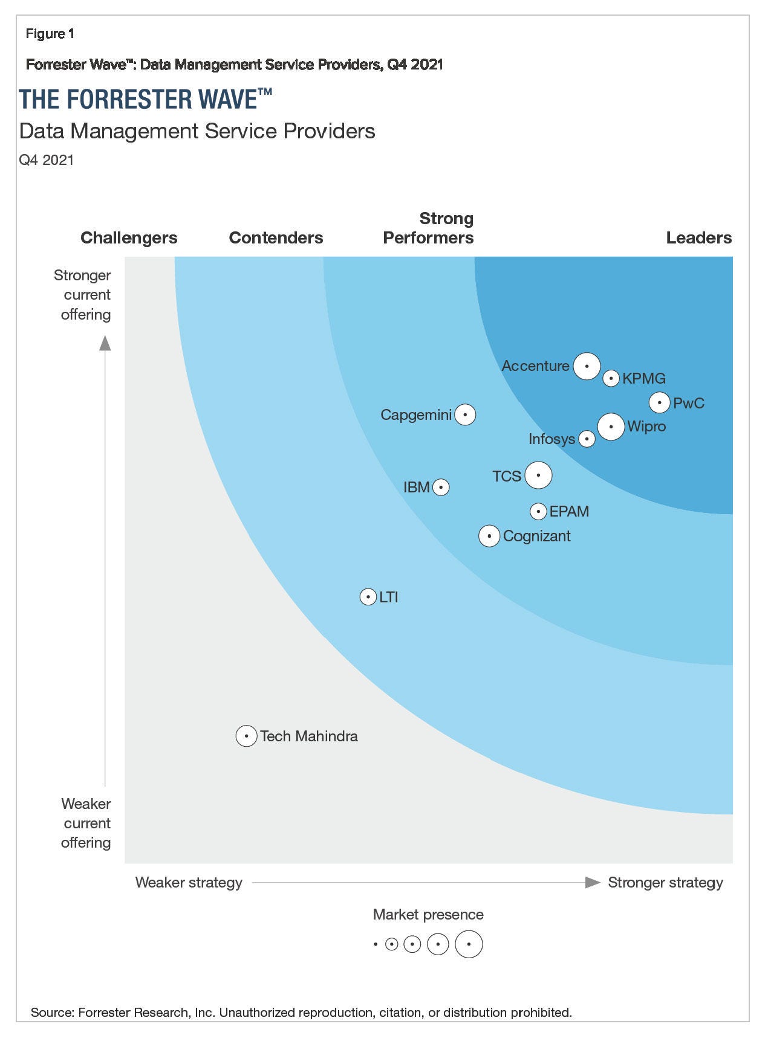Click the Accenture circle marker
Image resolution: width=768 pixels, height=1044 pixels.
click(586, 366)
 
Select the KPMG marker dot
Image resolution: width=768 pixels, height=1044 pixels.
click(611, 378)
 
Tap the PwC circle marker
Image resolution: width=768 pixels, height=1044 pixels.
click(659, 402)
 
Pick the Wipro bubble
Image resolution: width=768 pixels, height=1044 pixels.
click(611, 427)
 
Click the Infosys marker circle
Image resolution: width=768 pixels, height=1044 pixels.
click(587, 439)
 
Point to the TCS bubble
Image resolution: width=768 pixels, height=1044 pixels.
click(538, 475)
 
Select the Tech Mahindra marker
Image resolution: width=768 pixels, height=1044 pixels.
click(246, 736)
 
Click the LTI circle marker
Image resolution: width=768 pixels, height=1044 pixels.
click(368, 597)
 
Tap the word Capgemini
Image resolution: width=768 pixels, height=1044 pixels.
click(416, 415)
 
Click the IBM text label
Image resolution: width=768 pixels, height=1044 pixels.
click(417, 487)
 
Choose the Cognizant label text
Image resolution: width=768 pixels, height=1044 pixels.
click(537, 536)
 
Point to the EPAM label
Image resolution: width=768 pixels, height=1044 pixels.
click(569, 511)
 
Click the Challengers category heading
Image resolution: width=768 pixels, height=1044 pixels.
click(129, 237)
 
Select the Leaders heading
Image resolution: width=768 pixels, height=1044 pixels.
click(698, 237)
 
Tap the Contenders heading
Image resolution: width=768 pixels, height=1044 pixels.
click(276, 237)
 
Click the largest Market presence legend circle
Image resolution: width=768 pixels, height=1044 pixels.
click(469, 944)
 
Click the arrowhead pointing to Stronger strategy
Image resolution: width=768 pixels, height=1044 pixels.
click(593, 882)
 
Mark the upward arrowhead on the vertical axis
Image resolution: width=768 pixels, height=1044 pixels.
click(105, 343)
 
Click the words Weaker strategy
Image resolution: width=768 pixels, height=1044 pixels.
click(189, 882)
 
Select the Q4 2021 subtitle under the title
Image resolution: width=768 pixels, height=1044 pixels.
click(47, 159)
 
